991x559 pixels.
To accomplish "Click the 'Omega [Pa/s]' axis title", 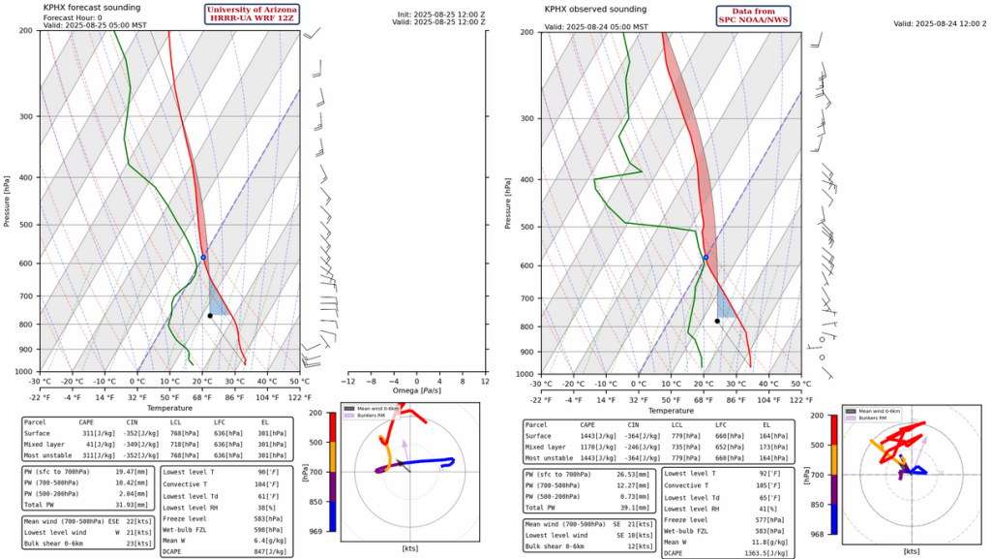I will pos(419,390).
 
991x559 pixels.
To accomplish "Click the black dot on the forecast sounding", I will pos(210,315).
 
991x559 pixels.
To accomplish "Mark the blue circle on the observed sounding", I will pos(706,258).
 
